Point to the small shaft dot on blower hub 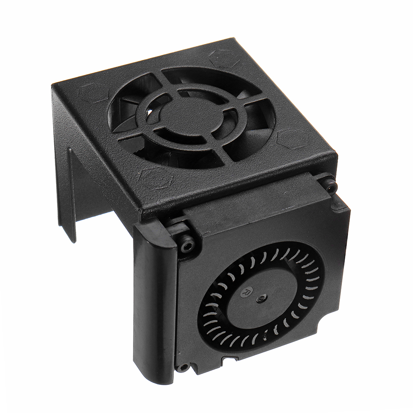click(260, 298)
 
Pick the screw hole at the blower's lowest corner click(182, 367)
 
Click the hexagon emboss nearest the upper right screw click(292, 138)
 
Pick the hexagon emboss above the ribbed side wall click(93, 93)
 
